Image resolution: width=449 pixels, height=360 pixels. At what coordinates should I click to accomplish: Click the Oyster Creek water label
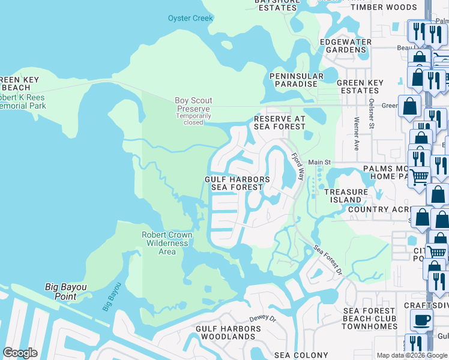tap(190, 19)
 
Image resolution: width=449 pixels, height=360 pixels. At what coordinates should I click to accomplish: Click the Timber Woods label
tap(384, 7)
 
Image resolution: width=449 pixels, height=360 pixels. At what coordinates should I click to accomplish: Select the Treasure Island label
tap(346, 196)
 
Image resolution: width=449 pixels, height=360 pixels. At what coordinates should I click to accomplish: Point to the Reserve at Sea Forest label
tap(280, 123)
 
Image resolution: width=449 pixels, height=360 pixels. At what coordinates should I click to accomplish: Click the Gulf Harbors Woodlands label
tap(228, 333)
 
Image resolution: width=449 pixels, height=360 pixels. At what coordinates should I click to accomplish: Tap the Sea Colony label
tap(302, 356)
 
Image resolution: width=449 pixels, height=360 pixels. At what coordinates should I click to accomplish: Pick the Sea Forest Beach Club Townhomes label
tap(370, 319)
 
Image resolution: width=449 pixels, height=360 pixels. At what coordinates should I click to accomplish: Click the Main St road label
tap(319, 163)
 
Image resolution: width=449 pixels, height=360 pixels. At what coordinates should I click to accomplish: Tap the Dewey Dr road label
tap(262, 320)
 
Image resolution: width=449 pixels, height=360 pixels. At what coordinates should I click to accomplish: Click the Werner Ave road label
tap(357, 137)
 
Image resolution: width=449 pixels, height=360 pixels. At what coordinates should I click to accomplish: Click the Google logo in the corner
tap(20, 352)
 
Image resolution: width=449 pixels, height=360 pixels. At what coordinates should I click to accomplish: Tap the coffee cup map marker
tap(421, 320)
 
